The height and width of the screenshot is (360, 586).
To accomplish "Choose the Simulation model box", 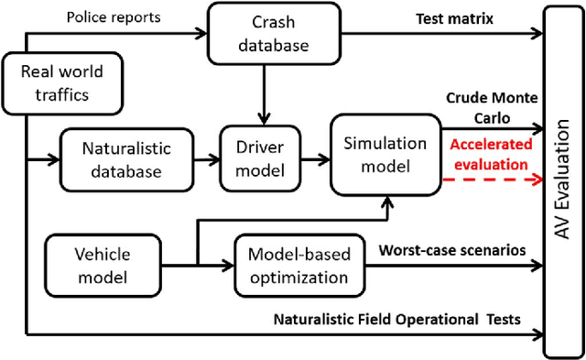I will (385, 154).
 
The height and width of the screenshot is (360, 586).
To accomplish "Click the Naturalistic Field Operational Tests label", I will (397, 318).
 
